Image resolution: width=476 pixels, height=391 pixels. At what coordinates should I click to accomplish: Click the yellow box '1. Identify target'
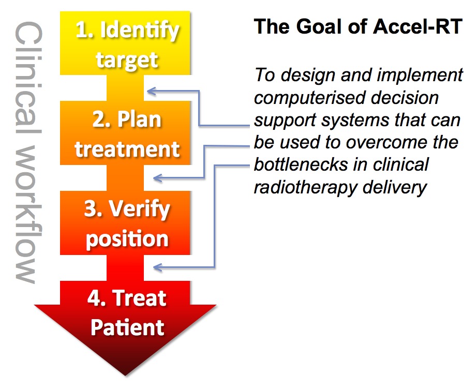126,44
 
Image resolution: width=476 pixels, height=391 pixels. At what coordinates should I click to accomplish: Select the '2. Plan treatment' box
126,134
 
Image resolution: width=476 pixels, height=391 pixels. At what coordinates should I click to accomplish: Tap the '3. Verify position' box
126,223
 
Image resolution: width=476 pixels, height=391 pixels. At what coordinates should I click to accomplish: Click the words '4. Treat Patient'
126,312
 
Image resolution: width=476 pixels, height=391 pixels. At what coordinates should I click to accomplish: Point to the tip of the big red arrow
126,373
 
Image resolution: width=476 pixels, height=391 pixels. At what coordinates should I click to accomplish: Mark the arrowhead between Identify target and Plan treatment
151,91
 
